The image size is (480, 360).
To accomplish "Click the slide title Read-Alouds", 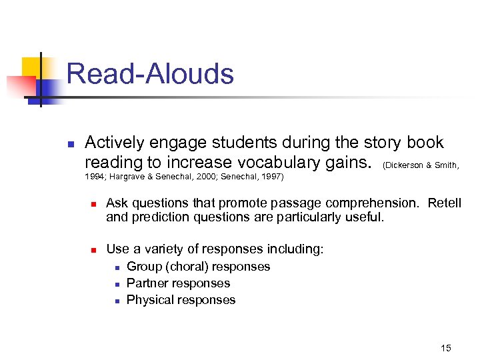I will [150, 73].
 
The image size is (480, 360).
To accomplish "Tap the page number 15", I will [446, 348].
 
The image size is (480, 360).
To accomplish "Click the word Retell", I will [444, 203].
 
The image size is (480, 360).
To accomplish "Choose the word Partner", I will [147, 283].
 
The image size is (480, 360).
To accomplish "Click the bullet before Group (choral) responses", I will [116, 267].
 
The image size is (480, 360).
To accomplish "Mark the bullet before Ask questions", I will [95, 203].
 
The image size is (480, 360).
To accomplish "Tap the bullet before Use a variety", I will [95, 250].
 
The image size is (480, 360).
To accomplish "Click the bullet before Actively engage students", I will [71, 143].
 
